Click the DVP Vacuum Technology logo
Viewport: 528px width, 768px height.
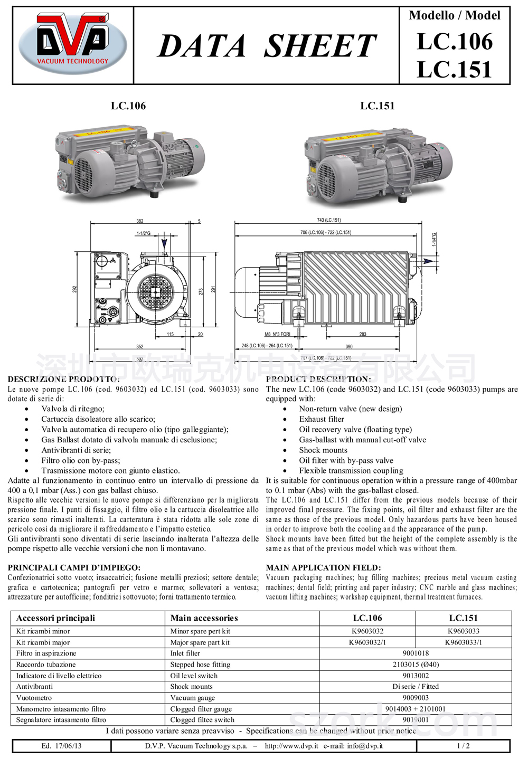[73, 43]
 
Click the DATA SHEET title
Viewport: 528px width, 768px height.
[267, 46]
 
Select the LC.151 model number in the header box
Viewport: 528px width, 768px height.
[454, 70]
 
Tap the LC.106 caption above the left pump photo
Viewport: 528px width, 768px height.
[128, 106]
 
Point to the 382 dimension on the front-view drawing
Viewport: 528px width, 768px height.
[140, 221]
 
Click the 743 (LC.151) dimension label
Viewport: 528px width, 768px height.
[328, 220]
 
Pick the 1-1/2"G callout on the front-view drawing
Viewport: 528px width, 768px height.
[144, 233]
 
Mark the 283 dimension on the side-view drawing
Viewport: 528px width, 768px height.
[363, 334]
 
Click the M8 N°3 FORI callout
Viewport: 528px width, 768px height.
[277, 334]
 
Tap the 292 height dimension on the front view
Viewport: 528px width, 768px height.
[75, 289]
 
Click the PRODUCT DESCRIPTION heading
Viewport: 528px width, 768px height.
[318, 379]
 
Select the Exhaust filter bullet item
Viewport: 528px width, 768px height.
[322, 419]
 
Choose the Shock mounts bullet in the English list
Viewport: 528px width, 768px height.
[323, 450]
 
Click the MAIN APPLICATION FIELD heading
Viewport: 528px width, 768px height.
[323, 567]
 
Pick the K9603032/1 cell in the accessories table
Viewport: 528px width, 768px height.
[367, 642]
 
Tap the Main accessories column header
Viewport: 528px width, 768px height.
[204, 618]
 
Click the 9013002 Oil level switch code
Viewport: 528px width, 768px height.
[416, 676]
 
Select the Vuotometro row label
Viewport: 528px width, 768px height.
[34, 698]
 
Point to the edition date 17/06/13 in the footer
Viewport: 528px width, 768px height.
[62, 746]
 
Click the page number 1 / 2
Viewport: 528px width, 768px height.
[463, 746]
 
